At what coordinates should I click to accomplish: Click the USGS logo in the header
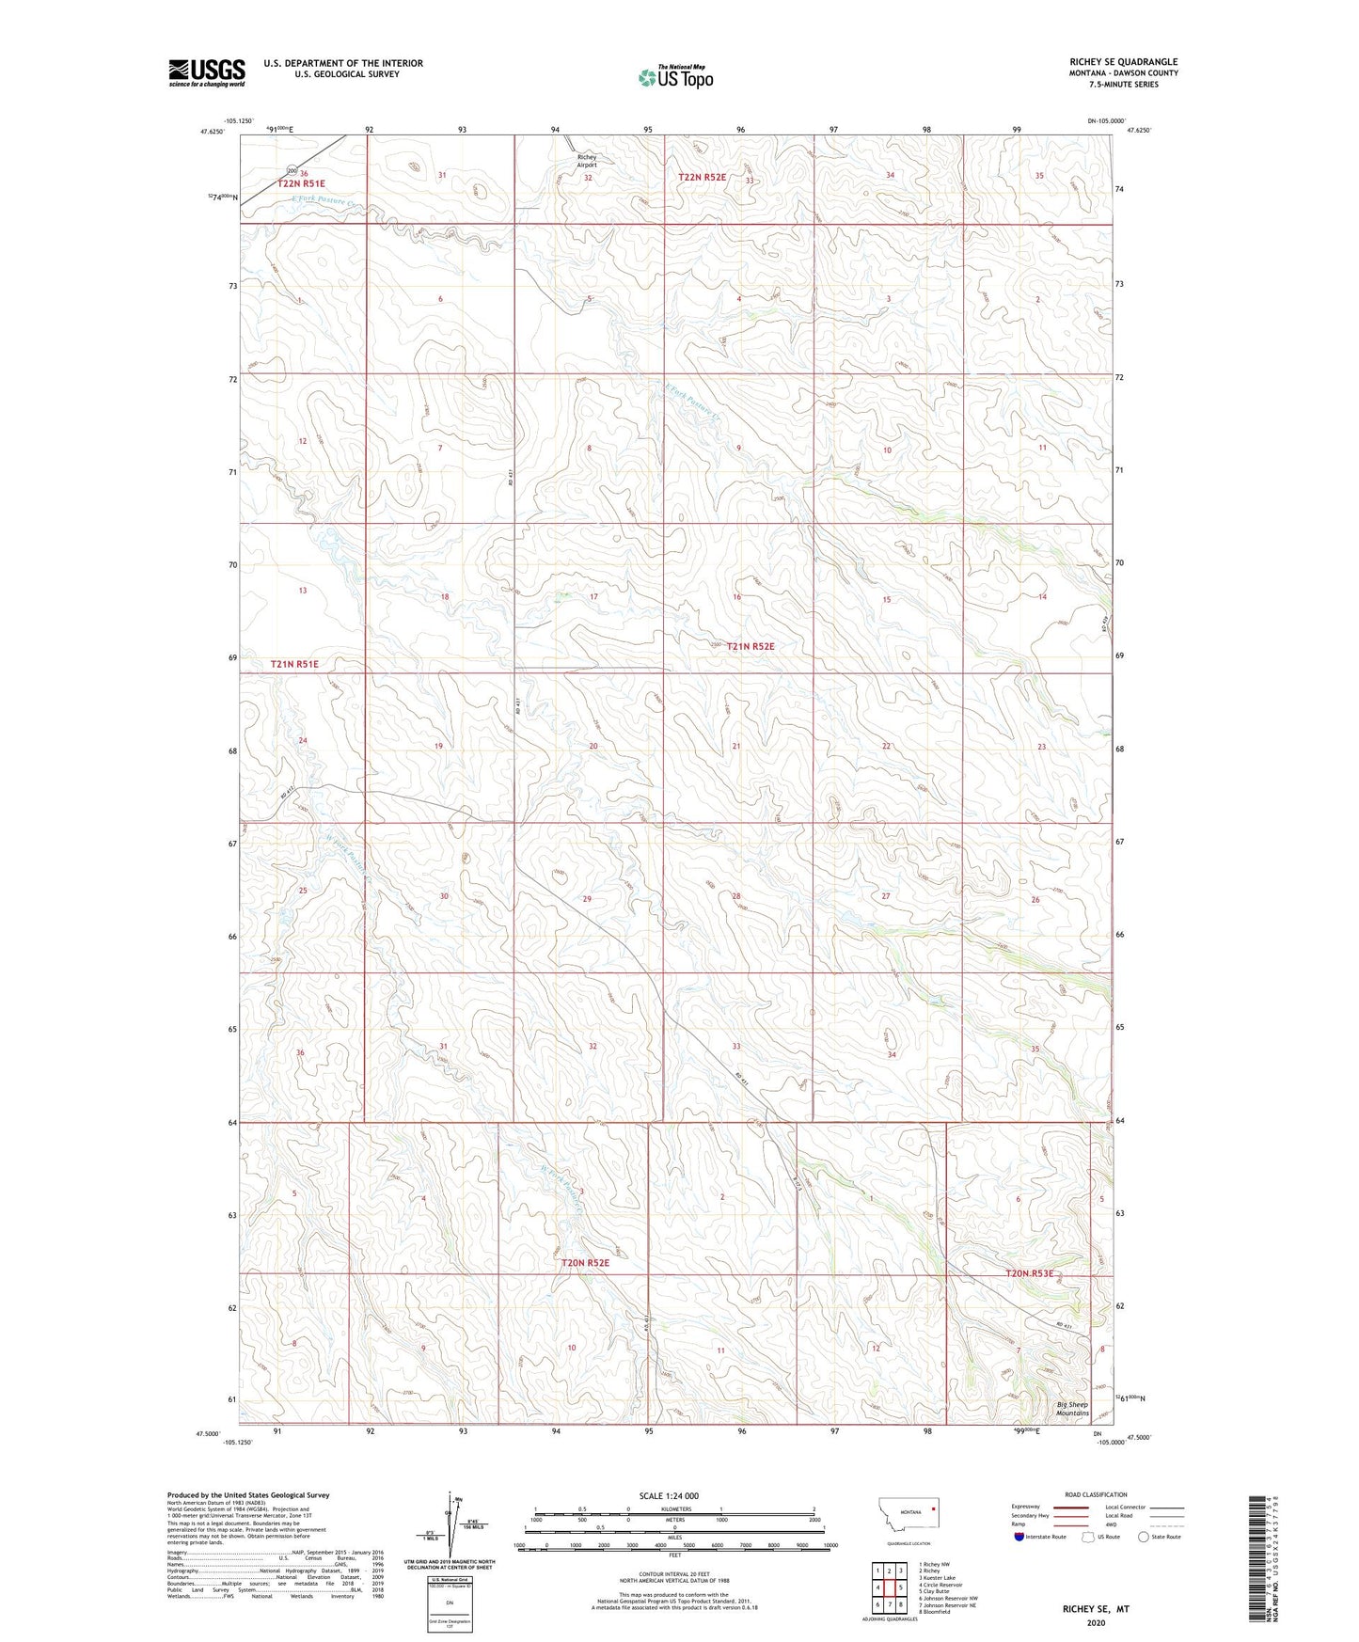tap(206, 72)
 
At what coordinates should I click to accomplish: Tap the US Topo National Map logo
tap(675, 76)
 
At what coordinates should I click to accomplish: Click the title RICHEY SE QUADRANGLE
tap(1123, 62)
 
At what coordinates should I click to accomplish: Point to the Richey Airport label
tap(587, 161)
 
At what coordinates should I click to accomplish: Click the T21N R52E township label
tap(750, 646)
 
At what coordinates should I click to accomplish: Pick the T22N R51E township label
tap(301, 184)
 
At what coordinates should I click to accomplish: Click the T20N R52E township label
tap(585, 1263)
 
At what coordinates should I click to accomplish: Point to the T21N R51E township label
tap(294, 664)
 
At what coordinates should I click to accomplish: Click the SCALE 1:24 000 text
tap(668, 1495)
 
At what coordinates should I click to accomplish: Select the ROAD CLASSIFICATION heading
tap(1096, 1494)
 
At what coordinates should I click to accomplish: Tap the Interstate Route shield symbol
tap(1019, 1537)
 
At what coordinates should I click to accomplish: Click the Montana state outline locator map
tap(908, 1513)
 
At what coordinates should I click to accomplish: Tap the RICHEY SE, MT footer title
tap(1096, 1609)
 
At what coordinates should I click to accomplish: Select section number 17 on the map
tap(593, 597)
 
